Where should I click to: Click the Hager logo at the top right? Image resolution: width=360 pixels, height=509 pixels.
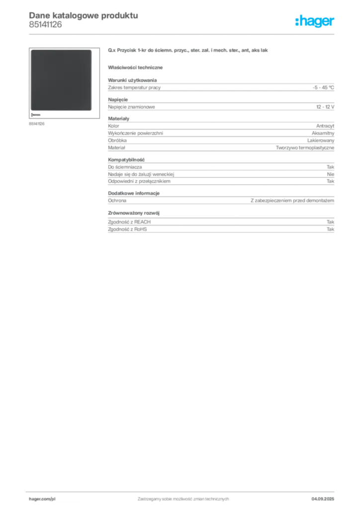coord(315,21)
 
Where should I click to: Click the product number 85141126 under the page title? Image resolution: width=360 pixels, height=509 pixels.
coord(45,25)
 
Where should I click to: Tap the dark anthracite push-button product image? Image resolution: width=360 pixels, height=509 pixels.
coord(61,80)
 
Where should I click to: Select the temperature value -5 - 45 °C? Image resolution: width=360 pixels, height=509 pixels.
coord(323,87)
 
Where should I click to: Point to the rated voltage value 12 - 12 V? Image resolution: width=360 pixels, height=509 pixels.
coord(325,107)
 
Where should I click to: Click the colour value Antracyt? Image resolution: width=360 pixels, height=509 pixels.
coord(325,126)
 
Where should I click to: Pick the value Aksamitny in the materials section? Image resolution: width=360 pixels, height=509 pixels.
coord(323,133)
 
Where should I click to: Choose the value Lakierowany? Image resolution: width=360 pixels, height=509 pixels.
coord(321,140)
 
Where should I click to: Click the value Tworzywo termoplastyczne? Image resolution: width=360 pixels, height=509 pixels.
coord(305,148)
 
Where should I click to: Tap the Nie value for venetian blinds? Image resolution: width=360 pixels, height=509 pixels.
coord(331,174)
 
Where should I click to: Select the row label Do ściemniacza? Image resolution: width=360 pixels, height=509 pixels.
coord(125,167)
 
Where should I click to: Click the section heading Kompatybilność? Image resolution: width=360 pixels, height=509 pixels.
coord(126,160)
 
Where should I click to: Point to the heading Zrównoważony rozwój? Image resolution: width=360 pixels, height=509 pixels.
coord(134,213)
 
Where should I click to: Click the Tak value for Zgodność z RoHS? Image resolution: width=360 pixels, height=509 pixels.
coord(331,229)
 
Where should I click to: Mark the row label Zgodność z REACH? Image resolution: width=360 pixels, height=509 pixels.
coord(129,222)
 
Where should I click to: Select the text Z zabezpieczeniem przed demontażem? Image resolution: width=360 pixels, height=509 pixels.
coord(292,201)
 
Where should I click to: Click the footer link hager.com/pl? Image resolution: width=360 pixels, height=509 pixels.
coord(42,499)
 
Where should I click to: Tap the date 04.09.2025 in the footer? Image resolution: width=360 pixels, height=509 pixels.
coord(323,499)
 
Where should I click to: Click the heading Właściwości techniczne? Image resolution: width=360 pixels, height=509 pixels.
coord(135,68)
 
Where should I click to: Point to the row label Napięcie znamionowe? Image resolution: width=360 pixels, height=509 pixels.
coord(131,107)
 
